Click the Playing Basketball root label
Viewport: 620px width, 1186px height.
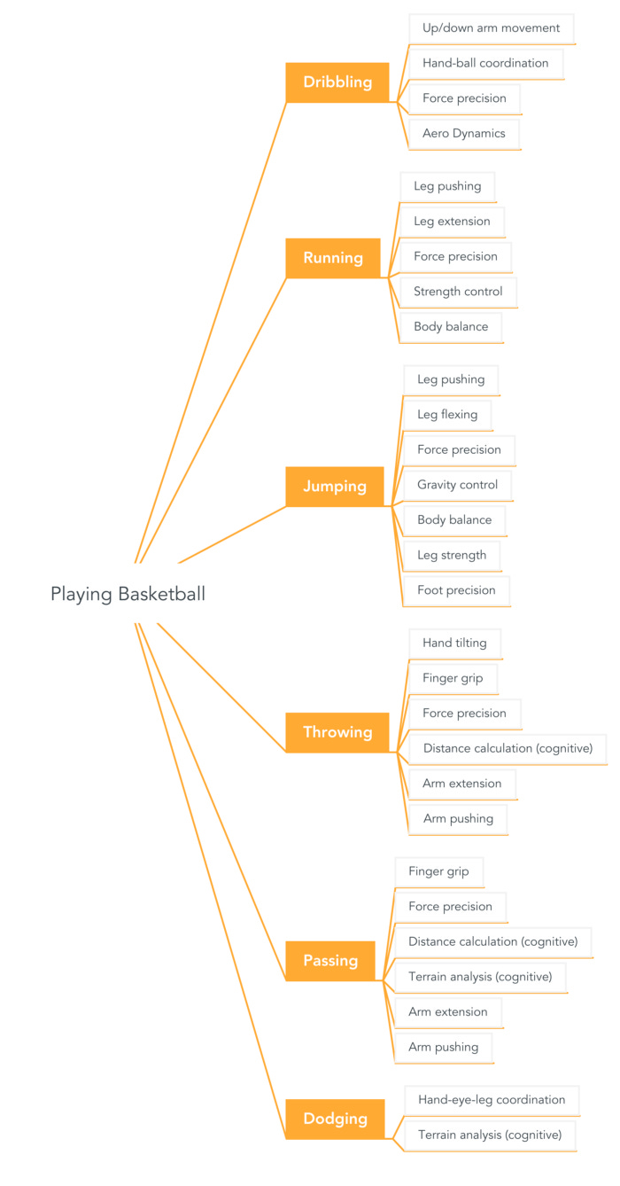(x=128, y=594)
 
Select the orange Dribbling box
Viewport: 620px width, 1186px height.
(x=337, y=82)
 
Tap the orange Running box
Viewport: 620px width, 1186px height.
(x=333, y=258)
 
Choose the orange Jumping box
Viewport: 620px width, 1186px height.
(x=335, y=487)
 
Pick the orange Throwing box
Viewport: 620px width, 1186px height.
(x=337, y=732)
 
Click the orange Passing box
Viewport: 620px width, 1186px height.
(x=330, y=961)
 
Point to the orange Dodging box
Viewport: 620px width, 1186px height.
(x=335, y=1119)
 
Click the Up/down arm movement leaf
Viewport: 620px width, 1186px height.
(x=491, y=27)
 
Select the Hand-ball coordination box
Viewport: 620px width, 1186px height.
(x=485, y=63)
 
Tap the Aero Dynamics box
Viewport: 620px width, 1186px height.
(x=464, y=133)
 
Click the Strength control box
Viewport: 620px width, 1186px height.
(x=458, y=291)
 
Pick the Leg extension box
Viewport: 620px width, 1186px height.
(x=452, y=221)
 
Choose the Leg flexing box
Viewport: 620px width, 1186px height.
(x=447, y=414)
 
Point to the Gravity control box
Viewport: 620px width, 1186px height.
(x=457, y=484)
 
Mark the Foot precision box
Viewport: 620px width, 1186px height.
(x=456, y=589)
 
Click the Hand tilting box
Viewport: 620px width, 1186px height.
(x=454, y=643)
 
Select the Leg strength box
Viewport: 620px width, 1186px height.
(x=452, y=555)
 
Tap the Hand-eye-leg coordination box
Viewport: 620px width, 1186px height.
(x=492, y=1099)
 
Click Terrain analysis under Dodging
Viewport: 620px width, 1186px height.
(x=490, y=1135)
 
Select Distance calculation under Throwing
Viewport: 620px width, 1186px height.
(x=508, y=748)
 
